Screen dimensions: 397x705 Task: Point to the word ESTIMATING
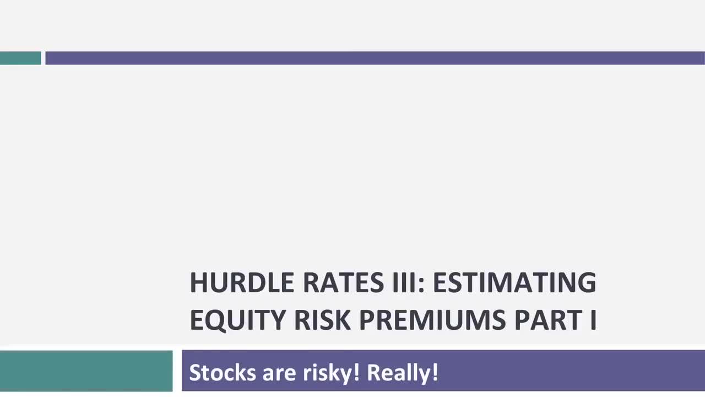tap(514, 282)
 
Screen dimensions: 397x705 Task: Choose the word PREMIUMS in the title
tap(432, 320)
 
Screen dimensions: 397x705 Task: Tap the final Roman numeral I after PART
tap(593, 320)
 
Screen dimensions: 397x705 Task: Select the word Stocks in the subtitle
tap(223, 373)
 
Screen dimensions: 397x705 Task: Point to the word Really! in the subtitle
tap(403, 373)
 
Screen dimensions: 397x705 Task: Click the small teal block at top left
tap(20, 58)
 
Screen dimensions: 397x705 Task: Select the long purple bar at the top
tap(375, 58)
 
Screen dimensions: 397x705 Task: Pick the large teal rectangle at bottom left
tap(86, 371)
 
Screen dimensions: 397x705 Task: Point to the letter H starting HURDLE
tap(199, 282)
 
